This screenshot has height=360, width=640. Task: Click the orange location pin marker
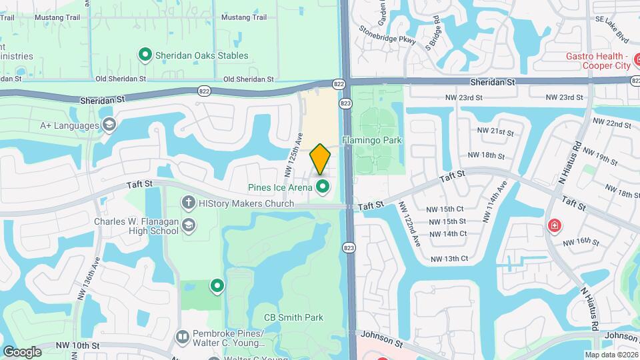[x=321, y=159]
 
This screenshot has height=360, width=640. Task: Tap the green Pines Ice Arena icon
[x=323, y=187]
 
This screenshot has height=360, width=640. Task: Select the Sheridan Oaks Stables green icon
[x=145, y=55]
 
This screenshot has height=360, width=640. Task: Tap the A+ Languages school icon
[x=109, y=125]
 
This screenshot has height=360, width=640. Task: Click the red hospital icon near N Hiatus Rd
[x=553, y=227]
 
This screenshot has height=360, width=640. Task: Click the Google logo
[x=23, y=351]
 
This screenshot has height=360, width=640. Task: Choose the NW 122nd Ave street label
[x=409, y=224]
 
